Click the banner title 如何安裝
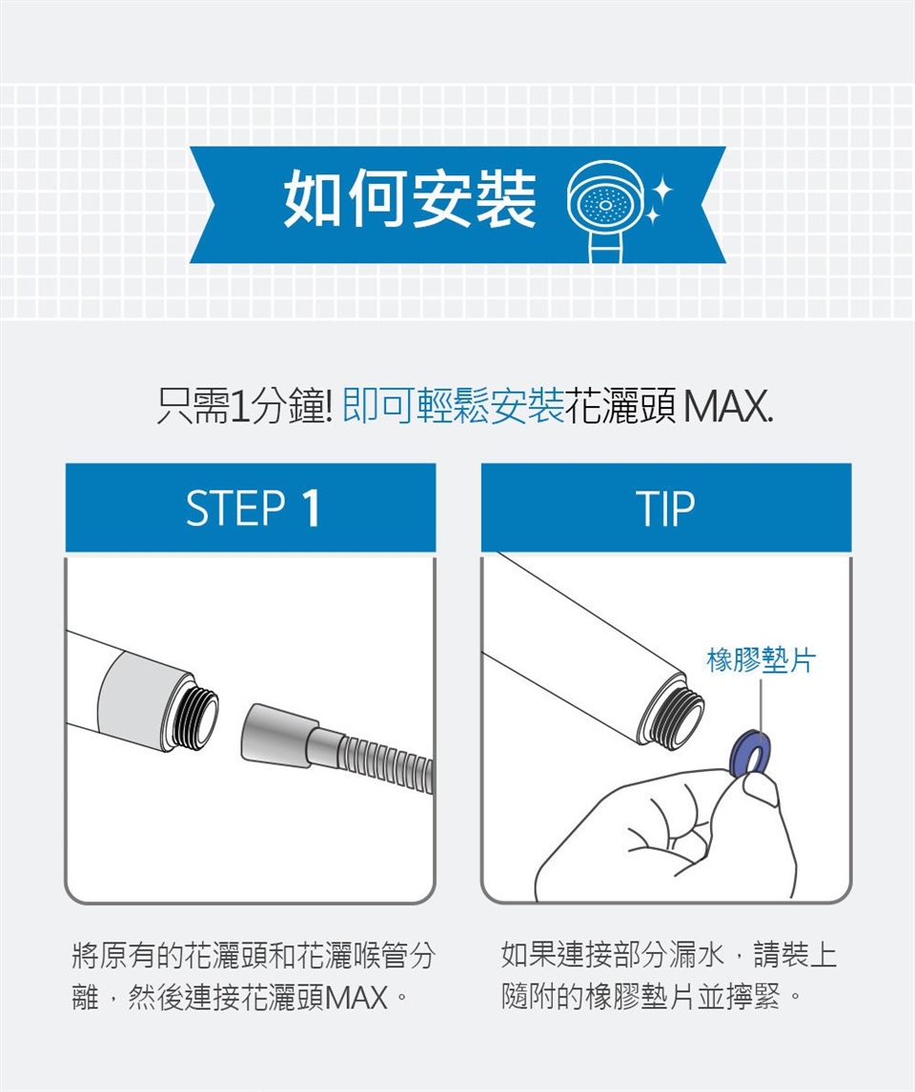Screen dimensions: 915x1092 (410, 200)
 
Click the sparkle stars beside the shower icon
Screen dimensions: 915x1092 (656, 200)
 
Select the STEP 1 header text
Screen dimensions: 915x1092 (253, 508)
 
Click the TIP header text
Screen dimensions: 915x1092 (665, 508)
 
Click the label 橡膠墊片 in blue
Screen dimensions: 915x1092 (761, 659)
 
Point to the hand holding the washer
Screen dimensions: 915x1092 (667, 835)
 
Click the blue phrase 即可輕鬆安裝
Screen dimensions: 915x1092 (454, 407)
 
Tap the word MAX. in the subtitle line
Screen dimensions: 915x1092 (727, 407)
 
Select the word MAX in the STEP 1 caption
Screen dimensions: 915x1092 (356, 998)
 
